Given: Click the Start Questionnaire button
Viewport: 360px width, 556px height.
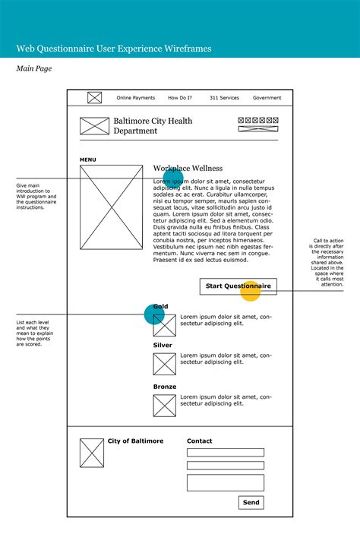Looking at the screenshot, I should (x=238, y=286).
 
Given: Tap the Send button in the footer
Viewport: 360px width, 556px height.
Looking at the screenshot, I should (x=251, y=502).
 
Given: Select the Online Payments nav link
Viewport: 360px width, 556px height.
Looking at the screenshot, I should (x=135, y=98).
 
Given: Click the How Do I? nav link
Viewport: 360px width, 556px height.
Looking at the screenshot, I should (x=180, y=98).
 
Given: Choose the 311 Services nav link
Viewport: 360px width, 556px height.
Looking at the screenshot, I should (x=224, y=98).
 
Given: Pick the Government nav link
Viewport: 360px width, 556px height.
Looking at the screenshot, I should (x=267, y=98).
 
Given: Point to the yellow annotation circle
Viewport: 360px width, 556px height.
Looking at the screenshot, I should (x=251, y=291).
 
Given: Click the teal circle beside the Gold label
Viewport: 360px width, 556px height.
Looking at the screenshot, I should (x=155, y=313).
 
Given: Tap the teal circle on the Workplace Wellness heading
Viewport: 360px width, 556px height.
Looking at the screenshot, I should (x=173, y=179).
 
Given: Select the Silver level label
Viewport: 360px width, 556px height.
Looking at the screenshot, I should (x=163, y=345).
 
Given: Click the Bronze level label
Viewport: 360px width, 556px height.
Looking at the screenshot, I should (x=164, y=387).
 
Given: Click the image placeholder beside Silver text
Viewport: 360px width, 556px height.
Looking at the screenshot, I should (x=164, y=364).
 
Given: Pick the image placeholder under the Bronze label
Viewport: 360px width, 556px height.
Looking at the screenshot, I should (x=164, y=406).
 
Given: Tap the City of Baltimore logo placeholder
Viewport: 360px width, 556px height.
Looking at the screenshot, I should (x=92, y=453).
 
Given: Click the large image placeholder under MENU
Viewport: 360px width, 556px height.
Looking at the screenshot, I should (x=111, y=207).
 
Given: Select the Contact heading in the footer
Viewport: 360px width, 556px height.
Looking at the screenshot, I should (x=200, y=441).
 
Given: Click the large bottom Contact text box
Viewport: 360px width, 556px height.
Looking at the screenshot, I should (x=226, y=483).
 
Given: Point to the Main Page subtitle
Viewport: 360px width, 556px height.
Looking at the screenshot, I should (x=33, y=69).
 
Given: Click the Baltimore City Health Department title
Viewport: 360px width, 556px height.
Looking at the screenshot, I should (x=153, y=126).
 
